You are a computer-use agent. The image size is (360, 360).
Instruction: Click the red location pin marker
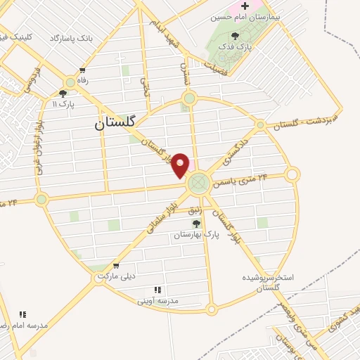point(181,165)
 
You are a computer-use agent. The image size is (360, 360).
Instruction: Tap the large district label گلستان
point(119,124)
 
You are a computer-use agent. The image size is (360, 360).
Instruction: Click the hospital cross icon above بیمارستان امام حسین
point(245,6)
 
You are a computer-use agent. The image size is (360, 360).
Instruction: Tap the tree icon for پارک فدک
point(235,36)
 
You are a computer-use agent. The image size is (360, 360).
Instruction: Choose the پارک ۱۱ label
point(63,103)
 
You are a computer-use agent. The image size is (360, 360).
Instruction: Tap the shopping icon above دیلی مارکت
point(115,266)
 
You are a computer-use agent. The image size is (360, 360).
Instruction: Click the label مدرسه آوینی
point(159,300)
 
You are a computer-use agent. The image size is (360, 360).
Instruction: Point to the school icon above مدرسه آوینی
point(157,290)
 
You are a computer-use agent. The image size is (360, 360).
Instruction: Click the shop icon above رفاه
point(83,70)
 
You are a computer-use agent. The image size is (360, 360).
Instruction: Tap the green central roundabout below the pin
point(199,183)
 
